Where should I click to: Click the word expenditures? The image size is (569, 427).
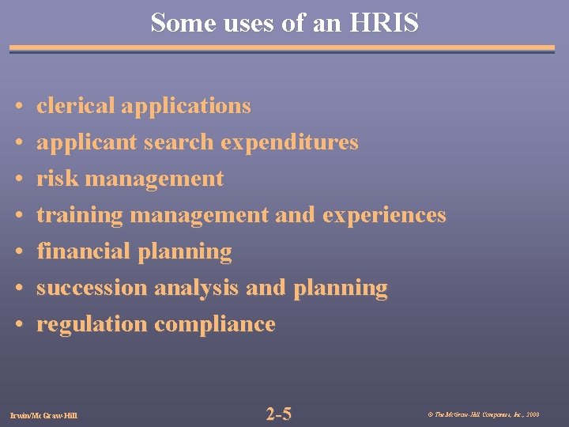pyautogui.click(x=289, y=142)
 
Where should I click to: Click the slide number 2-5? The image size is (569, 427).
pyautogui.click(x=279, y=414)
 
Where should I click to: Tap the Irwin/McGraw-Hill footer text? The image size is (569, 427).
pyautogui.click(x=44, y=414)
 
